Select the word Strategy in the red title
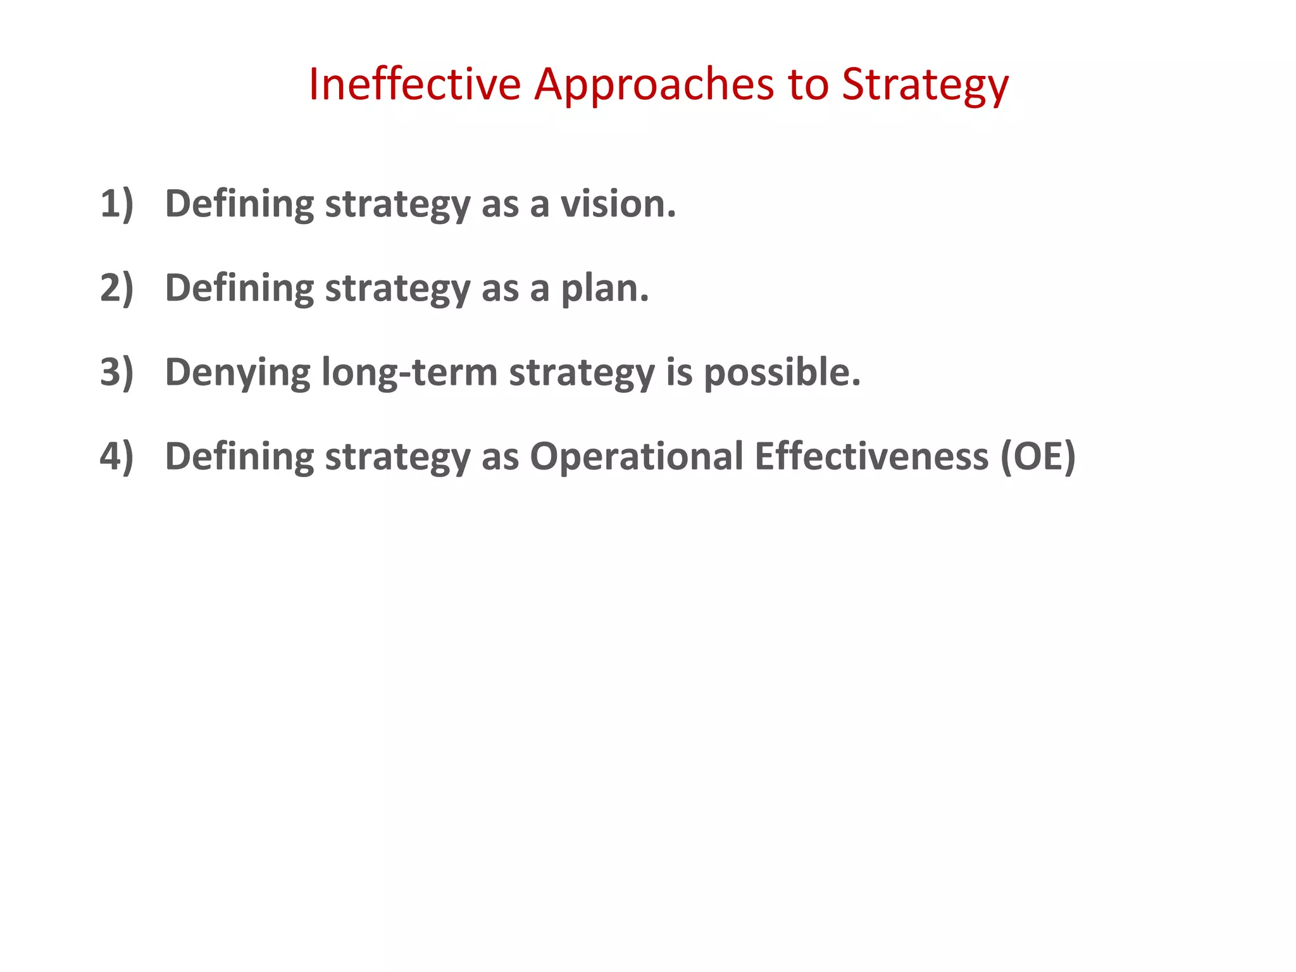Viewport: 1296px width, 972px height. [925, 85]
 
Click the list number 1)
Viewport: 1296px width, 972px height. [117, 204]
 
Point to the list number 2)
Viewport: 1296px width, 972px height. [117, 288]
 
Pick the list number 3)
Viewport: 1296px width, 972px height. [117, 372]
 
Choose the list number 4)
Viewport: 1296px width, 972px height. [117, 456]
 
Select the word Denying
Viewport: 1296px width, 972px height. [238, 373]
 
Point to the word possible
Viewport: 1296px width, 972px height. [782, 372]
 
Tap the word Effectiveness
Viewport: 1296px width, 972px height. [871, 456]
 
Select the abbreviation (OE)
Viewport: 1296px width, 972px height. [1038, 456]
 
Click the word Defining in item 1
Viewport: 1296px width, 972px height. [239, 204]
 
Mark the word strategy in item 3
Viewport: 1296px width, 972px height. [582, 373]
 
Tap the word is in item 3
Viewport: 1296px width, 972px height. [679, 372]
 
